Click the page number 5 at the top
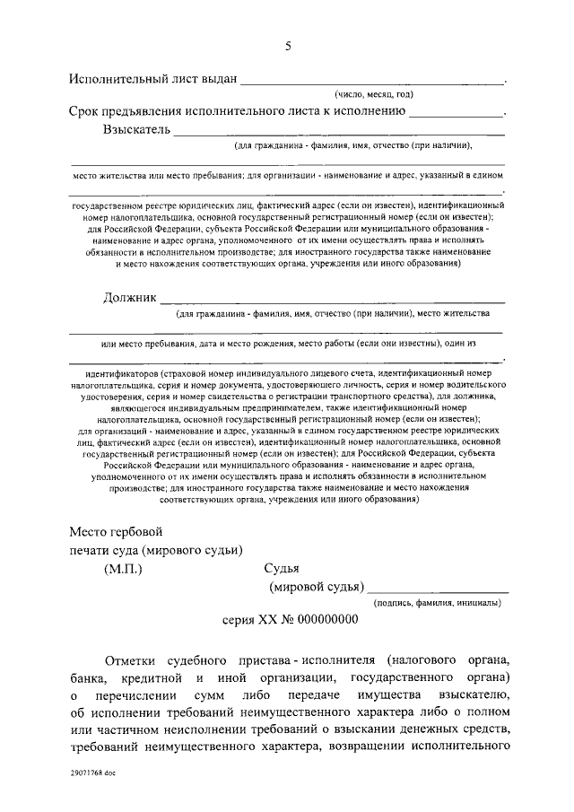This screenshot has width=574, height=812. coord(288,46)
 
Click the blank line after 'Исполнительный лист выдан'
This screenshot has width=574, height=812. coord(372,82)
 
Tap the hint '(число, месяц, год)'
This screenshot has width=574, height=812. coord(374,93)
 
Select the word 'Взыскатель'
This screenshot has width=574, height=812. coord(135,130)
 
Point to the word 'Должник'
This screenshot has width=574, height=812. coord(130,296)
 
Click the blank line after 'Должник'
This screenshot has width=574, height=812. coord(332,300)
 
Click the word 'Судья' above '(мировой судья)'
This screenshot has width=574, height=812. coord(282,568)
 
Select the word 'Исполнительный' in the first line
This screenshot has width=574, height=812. coord(121,78)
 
